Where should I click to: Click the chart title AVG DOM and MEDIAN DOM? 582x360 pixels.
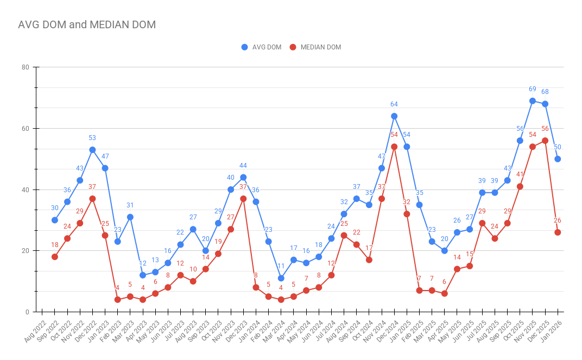[x=87, y=24]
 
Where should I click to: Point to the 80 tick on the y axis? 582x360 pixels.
[x=25, y=67]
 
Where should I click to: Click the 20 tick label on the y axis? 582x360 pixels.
[x=25, y=251]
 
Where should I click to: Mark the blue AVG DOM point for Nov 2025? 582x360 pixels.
[x=533, y=101]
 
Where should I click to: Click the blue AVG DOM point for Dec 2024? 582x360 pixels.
[x=394, y=116]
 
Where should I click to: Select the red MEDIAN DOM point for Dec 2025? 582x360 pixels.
[x=545, y=141]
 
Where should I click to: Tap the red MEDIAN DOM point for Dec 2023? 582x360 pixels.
[x=243, y=199]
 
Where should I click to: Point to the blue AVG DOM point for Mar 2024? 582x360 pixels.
[x=281, y=278]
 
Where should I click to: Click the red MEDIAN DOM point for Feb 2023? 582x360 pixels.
[x=118, y=300]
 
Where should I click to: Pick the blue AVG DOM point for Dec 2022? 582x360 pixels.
[x=93, y=150]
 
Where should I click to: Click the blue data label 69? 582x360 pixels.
[x=533, y=89]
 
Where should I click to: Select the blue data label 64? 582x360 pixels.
[x=394, y=104]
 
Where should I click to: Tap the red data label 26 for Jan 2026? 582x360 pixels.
[x=558, y=220]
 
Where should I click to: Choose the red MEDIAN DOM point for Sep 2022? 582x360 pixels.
[x=55, y=257]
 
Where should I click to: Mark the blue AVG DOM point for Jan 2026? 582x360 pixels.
[x=558, y=159]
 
